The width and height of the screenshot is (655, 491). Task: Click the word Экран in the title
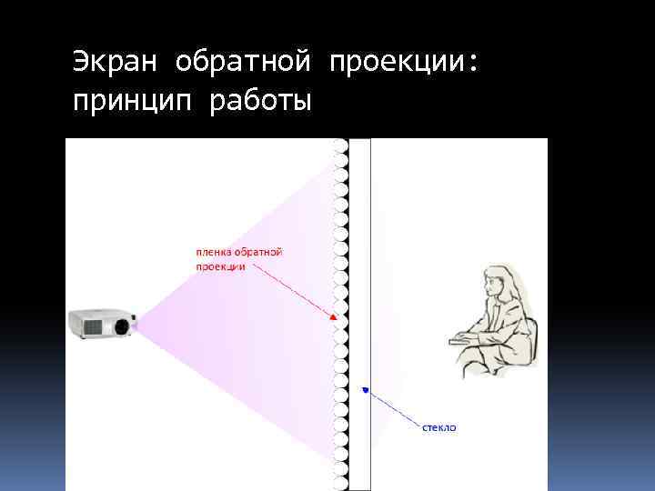[116, 64]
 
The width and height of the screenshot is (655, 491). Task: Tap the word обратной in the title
[243, 64]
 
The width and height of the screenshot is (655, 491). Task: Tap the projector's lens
[121, 325]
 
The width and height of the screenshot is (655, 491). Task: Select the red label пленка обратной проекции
[239, 258]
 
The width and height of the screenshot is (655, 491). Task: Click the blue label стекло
[439, 426]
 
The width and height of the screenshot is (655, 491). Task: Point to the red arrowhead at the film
[334, 316]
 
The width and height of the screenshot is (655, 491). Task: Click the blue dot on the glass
[365, 390]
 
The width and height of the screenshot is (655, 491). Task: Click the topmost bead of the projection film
[340, 145]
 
